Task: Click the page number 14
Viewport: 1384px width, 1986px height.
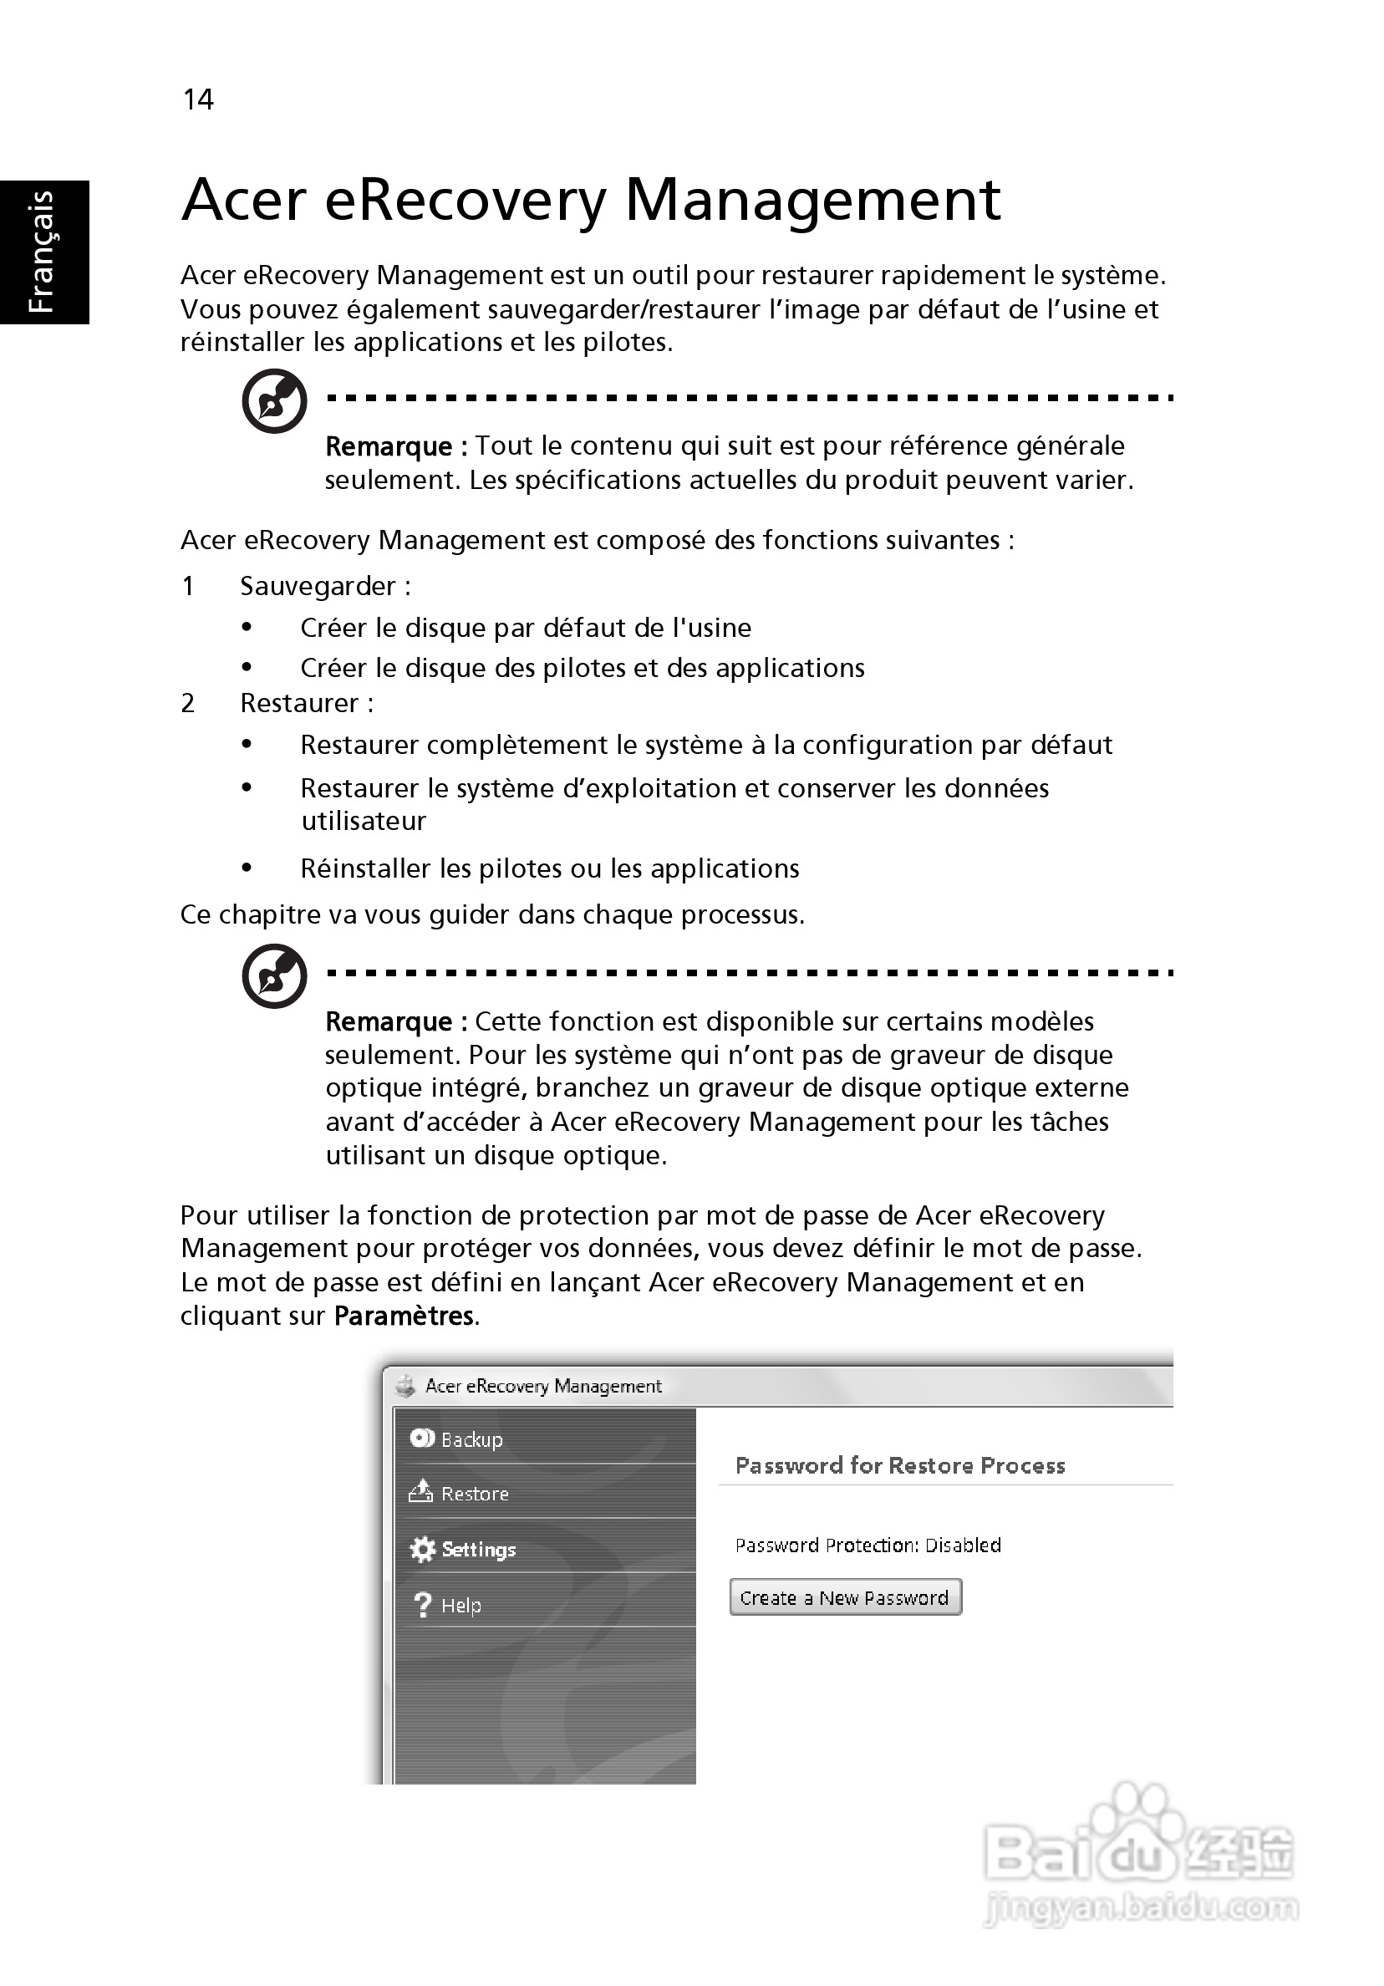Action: [x=198, y=99]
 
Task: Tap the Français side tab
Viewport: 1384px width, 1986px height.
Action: [x=43, y=252]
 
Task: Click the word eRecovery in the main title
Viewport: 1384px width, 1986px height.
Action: [x=466, y=200]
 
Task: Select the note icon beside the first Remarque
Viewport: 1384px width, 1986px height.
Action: [x=274, y=401]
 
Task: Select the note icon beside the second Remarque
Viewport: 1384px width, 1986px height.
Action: [x=274, y=975]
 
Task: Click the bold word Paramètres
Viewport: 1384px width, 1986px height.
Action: [x=404, y=1316]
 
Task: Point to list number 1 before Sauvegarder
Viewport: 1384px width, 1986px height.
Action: [x=188, y=587]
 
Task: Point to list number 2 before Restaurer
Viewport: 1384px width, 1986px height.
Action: [x=188, y=703]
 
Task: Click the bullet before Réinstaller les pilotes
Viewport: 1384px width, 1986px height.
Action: [x=247, y=868]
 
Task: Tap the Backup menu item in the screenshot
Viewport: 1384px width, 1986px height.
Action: [x=471, y=1439]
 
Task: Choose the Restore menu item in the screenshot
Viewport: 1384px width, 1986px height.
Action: [x=475, y=1494]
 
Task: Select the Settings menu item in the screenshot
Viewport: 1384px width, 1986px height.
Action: [x=478, y=1549]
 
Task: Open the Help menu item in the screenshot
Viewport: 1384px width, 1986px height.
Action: [x=461, y=1606]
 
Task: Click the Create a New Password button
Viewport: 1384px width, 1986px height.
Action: [x=845, y=1597]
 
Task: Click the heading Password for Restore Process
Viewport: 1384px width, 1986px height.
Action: [x=899, y=1465]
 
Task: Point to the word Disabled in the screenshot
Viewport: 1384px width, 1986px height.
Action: [x=963, y=1545]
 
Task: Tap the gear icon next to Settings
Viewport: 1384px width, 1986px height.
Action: [x=422, y=1549]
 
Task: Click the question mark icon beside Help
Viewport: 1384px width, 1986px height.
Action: [x=422, y=1606]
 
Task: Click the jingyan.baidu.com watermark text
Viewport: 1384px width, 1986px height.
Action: [x=1141, y=1907]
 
